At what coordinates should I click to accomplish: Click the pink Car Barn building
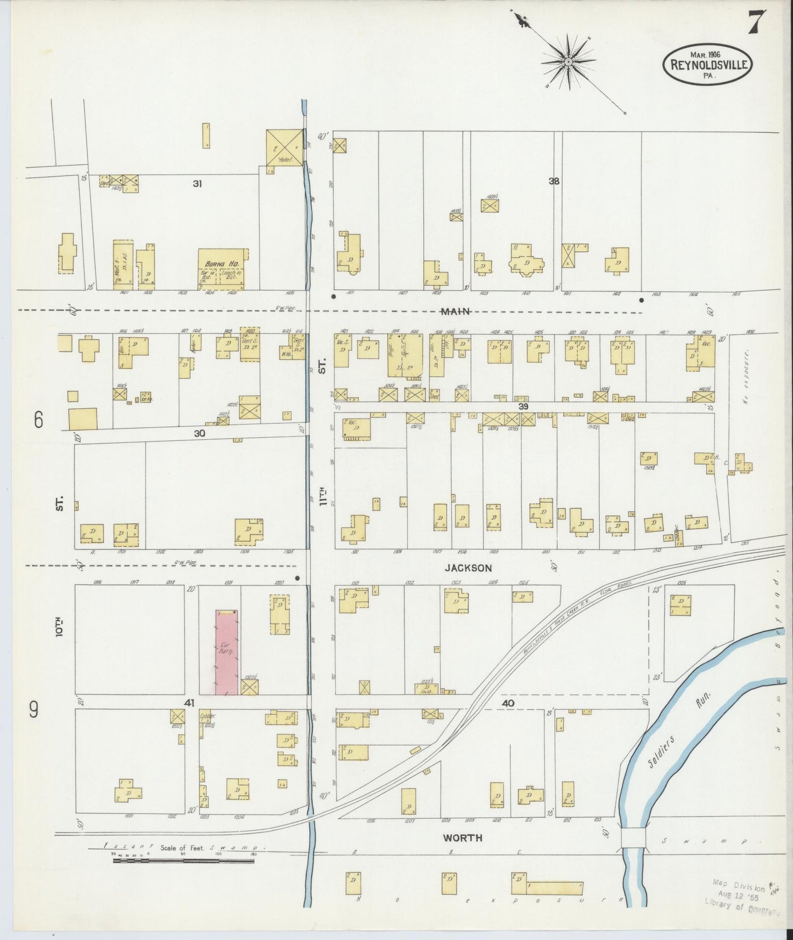tap(227, 653)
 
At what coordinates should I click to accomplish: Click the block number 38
tap(554, 181)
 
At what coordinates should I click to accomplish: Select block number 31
tap(197, 184)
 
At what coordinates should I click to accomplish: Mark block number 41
tap(189, 703)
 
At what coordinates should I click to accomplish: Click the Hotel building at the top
tap(284, 147)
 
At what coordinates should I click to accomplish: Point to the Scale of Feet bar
tap(184, 860)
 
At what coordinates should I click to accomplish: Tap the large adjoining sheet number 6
tap(38, 420)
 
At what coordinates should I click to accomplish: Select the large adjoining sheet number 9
tap(34, 711)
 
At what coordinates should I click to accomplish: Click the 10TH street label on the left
tap(59, 627)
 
